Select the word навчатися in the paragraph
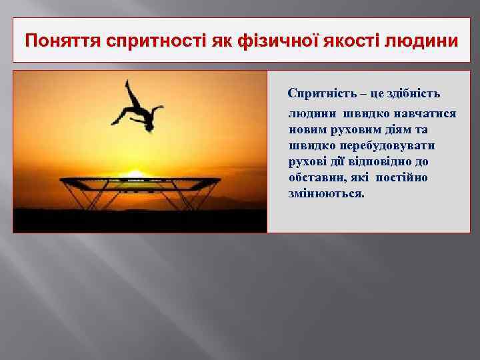[x=425, y=114]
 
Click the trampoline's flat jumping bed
[x=140, y=180]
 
